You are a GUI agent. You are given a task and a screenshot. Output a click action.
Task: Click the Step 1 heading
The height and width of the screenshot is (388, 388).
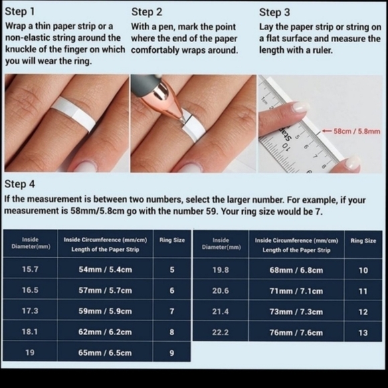pyautogui.click(x=20, y=11)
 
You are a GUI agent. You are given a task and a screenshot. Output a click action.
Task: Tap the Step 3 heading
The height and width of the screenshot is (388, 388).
pyautogui.click(x=274, y=12)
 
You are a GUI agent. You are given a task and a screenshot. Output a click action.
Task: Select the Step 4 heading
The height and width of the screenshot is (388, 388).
pyautogui.click(x=19, y=184)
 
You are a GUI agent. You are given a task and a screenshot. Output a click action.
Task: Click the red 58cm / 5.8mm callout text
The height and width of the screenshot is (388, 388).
pyautogui.click(x=357, y=131)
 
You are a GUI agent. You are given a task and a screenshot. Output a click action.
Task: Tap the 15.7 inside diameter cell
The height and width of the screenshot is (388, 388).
pyautogui.click(x=30, y=269)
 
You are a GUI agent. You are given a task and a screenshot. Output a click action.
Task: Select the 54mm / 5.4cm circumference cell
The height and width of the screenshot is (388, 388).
pyautogui.click(x=105, y=269)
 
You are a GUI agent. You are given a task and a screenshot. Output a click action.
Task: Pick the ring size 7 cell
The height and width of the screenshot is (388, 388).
pyautogui.click(x=172, y=311)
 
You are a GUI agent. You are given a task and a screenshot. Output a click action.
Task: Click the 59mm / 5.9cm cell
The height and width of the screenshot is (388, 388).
pyautogui.click(x=105, y=311)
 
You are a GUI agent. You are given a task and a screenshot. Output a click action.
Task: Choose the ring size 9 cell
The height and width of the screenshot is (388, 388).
pyautogui.click(x=172, y=353)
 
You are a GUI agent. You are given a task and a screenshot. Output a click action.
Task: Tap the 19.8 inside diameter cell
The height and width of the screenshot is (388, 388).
pyautogui.click(x=221, y=270)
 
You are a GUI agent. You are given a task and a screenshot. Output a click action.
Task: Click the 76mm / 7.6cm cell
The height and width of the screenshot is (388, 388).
pyautogui.click(x=296, y=332)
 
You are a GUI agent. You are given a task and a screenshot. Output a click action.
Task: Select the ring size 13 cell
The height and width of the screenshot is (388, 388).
pyautogui.click(x=363, y=332)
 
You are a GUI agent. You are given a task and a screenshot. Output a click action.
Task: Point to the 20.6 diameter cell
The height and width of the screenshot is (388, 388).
pyautogui.click(x=221, y=291)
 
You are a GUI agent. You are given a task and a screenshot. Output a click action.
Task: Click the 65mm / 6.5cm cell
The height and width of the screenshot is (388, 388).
pyautogui.click(x=105, y=353)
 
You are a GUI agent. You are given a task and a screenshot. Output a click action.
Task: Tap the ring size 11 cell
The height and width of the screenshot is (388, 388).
pyautogui.click(x=363, y=291)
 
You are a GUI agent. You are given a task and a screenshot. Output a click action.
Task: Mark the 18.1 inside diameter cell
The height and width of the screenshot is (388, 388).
pyautogui.click(x=29, y=332)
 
